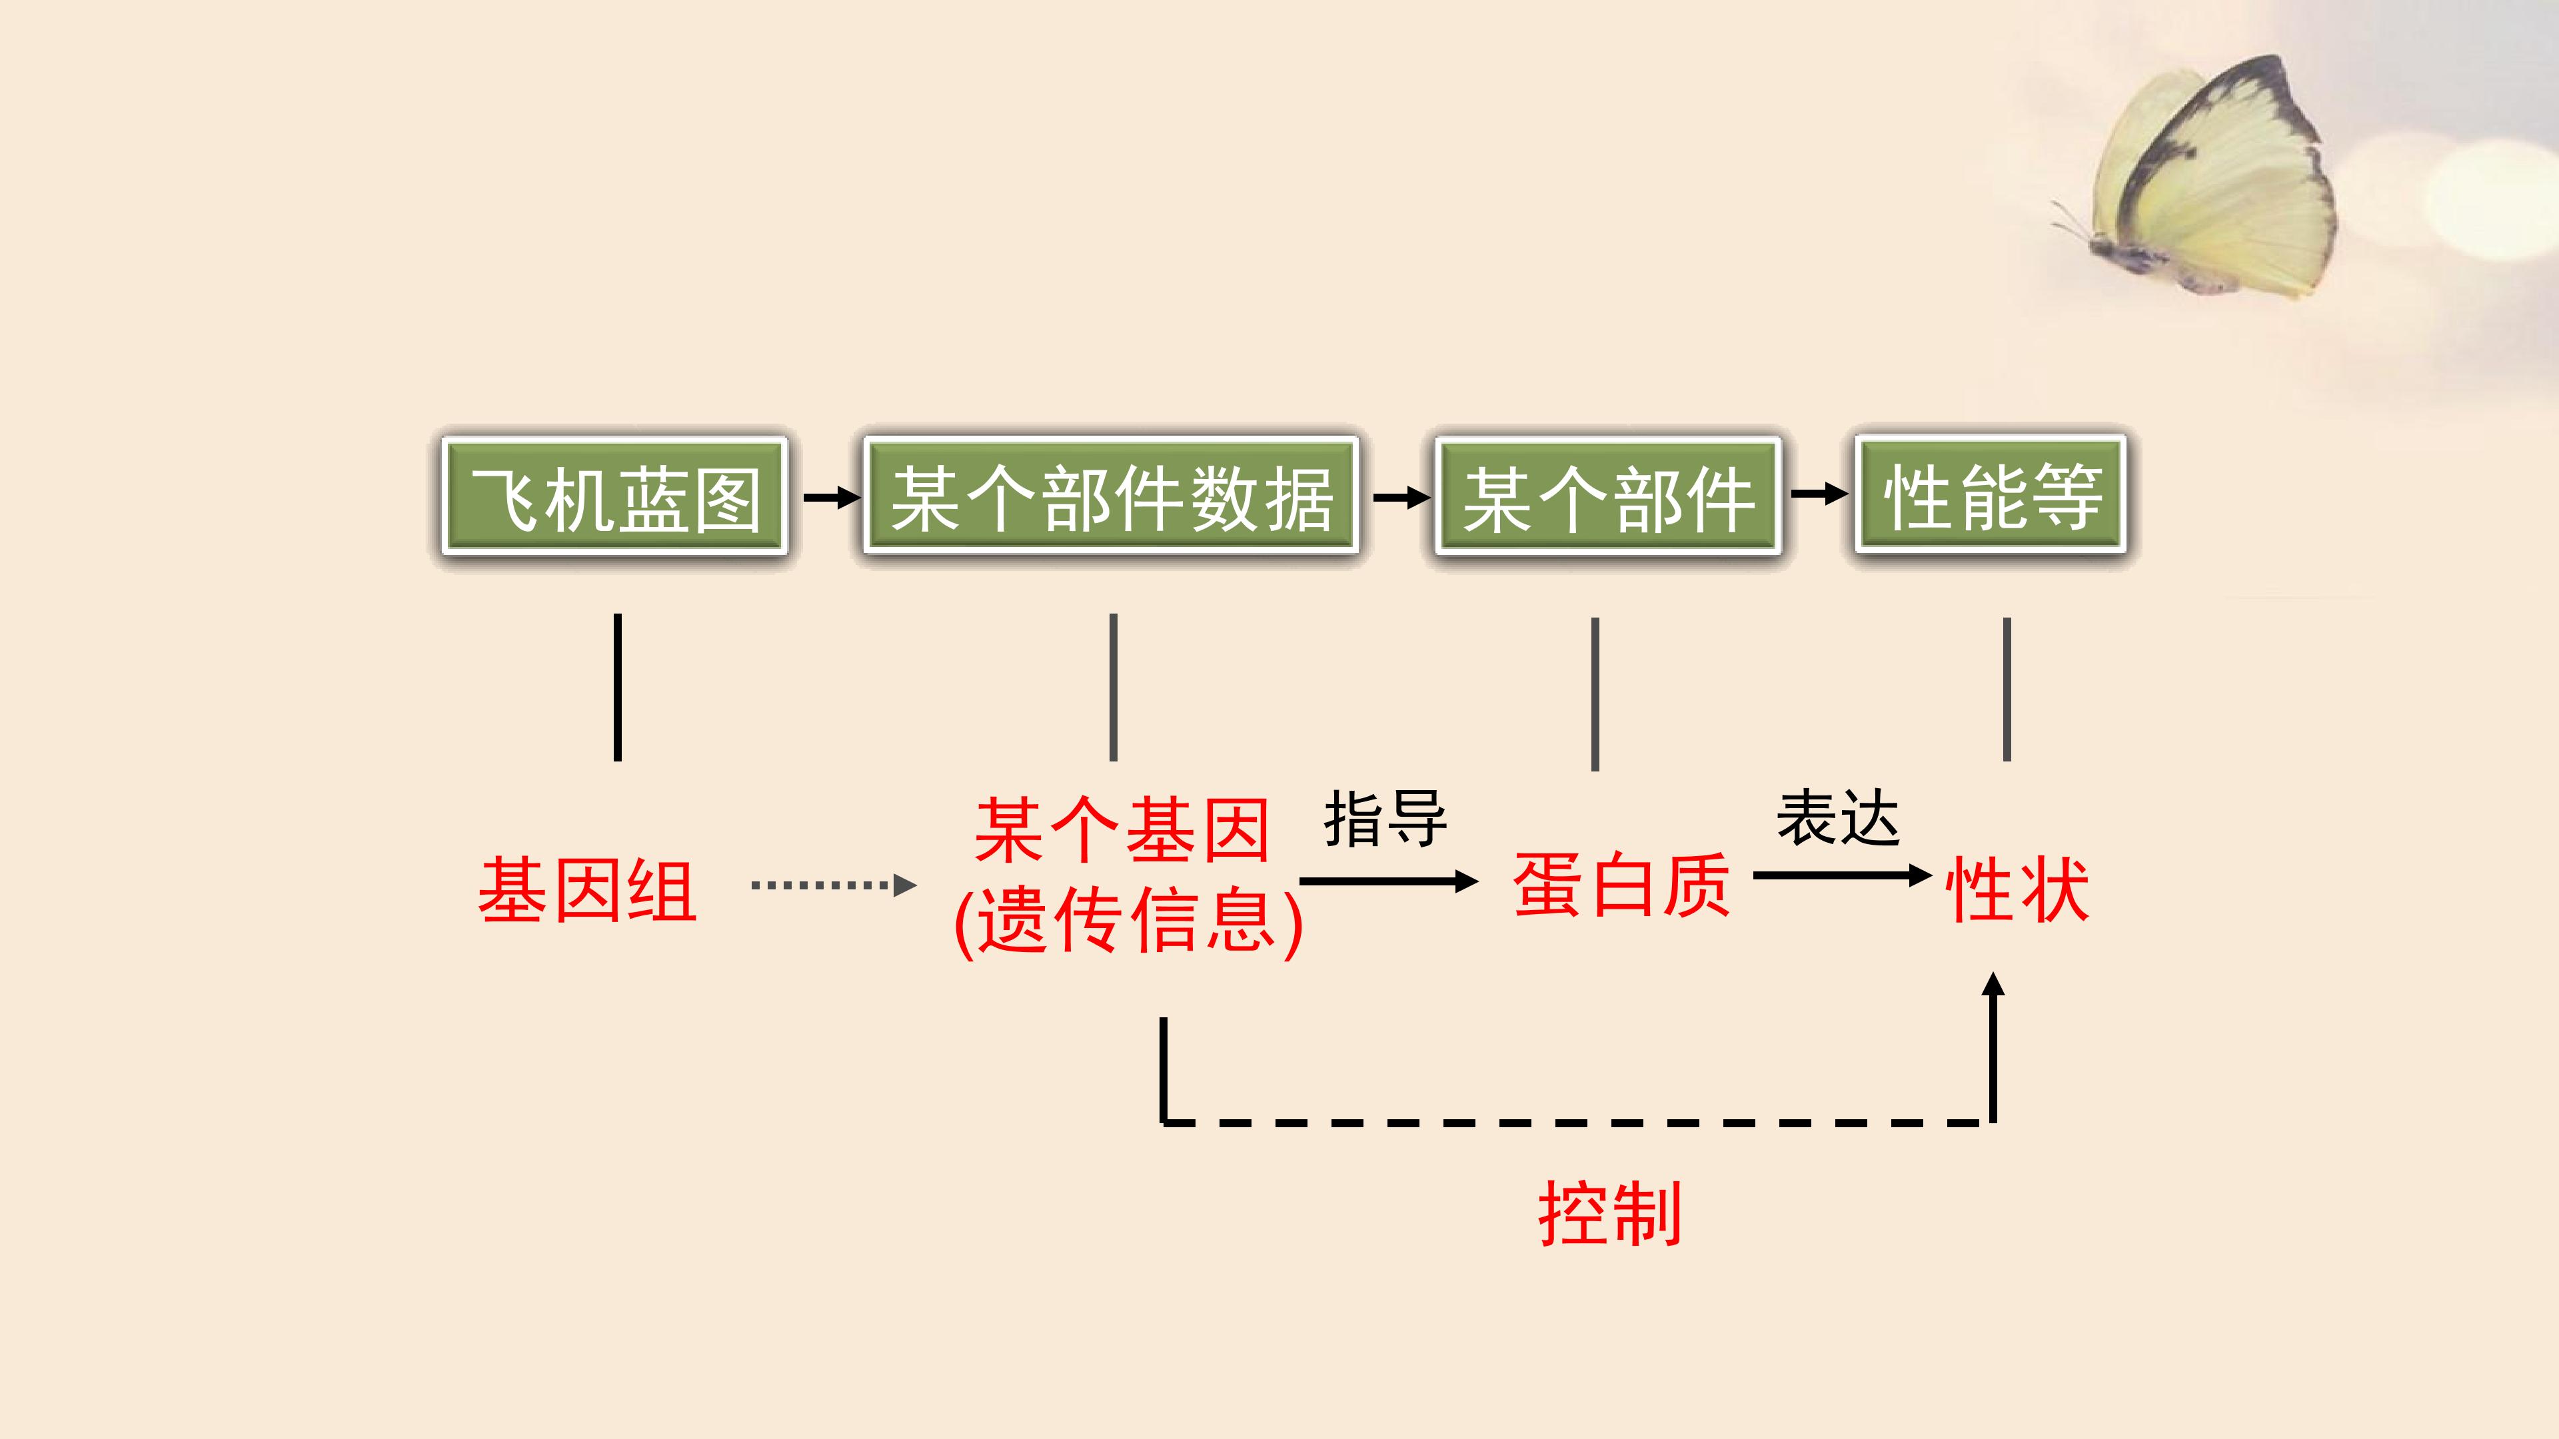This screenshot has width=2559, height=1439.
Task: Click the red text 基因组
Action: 588,890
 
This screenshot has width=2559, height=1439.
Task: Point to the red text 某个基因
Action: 1122,829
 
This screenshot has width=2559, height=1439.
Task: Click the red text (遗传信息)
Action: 1128,919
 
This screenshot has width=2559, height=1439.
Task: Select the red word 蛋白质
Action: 1621,884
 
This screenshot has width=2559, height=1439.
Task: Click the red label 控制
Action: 1610,1212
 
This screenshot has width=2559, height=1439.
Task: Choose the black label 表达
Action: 1838,818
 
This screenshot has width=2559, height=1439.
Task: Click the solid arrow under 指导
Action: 1389,881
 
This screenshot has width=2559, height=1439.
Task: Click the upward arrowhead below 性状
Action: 1993,983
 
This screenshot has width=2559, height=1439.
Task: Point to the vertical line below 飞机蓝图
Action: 618,688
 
